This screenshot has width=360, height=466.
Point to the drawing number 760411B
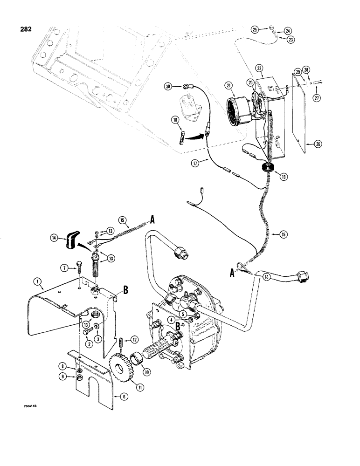pyautogui.click(x=31, y=407)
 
